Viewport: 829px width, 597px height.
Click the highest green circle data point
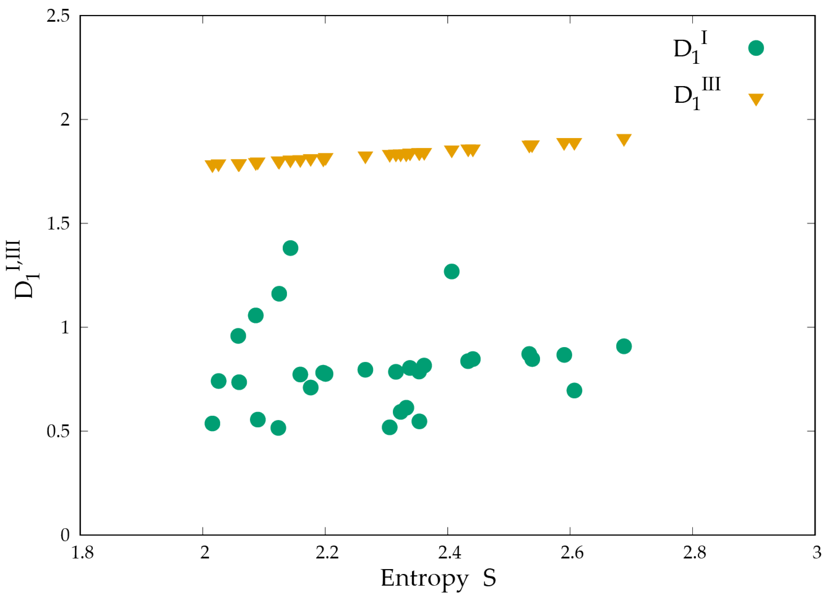point(290,248)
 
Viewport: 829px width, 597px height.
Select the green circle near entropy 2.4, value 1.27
point(451,271)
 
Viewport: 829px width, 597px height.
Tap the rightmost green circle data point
point(624,346)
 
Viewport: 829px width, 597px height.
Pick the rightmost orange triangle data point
point(624,139)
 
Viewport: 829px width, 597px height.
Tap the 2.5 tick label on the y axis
point(58,17)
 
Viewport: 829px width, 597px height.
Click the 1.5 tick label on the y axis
point(58,224)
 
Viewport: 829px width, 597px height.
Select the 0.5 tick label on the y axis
point(58,431)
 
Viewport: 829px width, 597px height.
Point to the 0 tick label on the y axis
point(65,535)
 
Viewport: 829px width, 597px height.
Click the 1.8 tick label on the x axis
point(82,553)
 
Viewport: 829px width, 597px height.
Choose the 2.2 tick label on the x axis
point(326,553)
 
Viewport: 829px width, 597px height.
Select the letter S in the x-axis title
point(489,577)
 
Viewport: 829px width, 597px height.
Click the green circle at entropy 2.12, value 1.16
point(279,294)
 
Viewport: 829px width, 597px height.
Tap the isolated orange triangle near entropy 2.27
point(365,157)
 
